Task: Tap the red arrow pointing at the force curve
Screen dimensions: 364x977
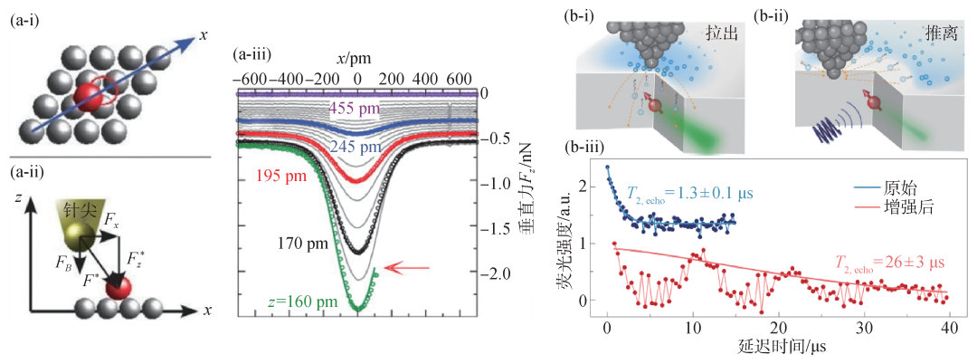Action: [398, 266]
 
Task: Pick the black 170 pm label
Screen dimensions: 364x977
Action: [291, 242]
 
